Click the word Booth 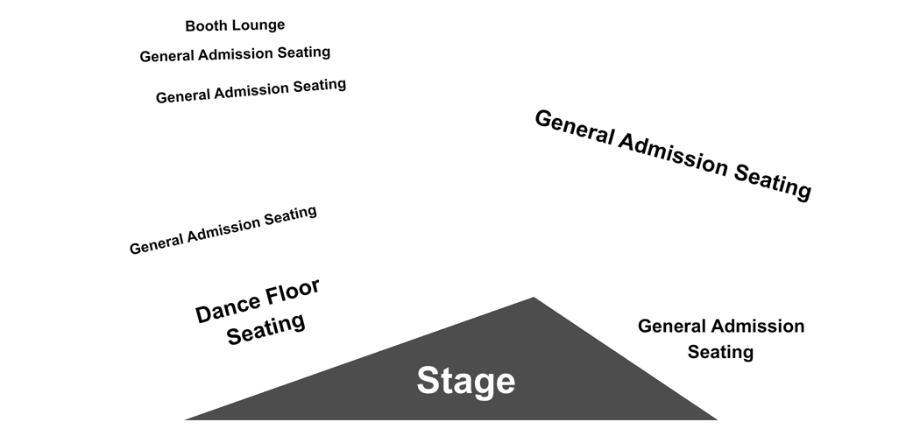click(202, 26)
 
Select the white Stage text click(466, 381)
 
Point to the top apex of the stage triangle click(534, 298)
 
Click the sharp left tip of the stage click(186, 419)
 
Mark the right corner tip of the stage click(717, 419)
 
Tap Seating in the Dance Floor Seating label click(265, 329)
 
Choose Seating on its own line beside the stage click(720, 352)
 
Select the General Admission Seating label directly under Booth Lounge click(235, 54)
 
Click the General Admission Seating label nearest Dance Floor click(223, 229)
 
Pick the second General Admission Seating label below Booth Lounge click(251, 91)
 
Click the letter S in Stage click(429, 380)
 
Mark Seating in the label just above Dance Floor click(290, 216)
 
